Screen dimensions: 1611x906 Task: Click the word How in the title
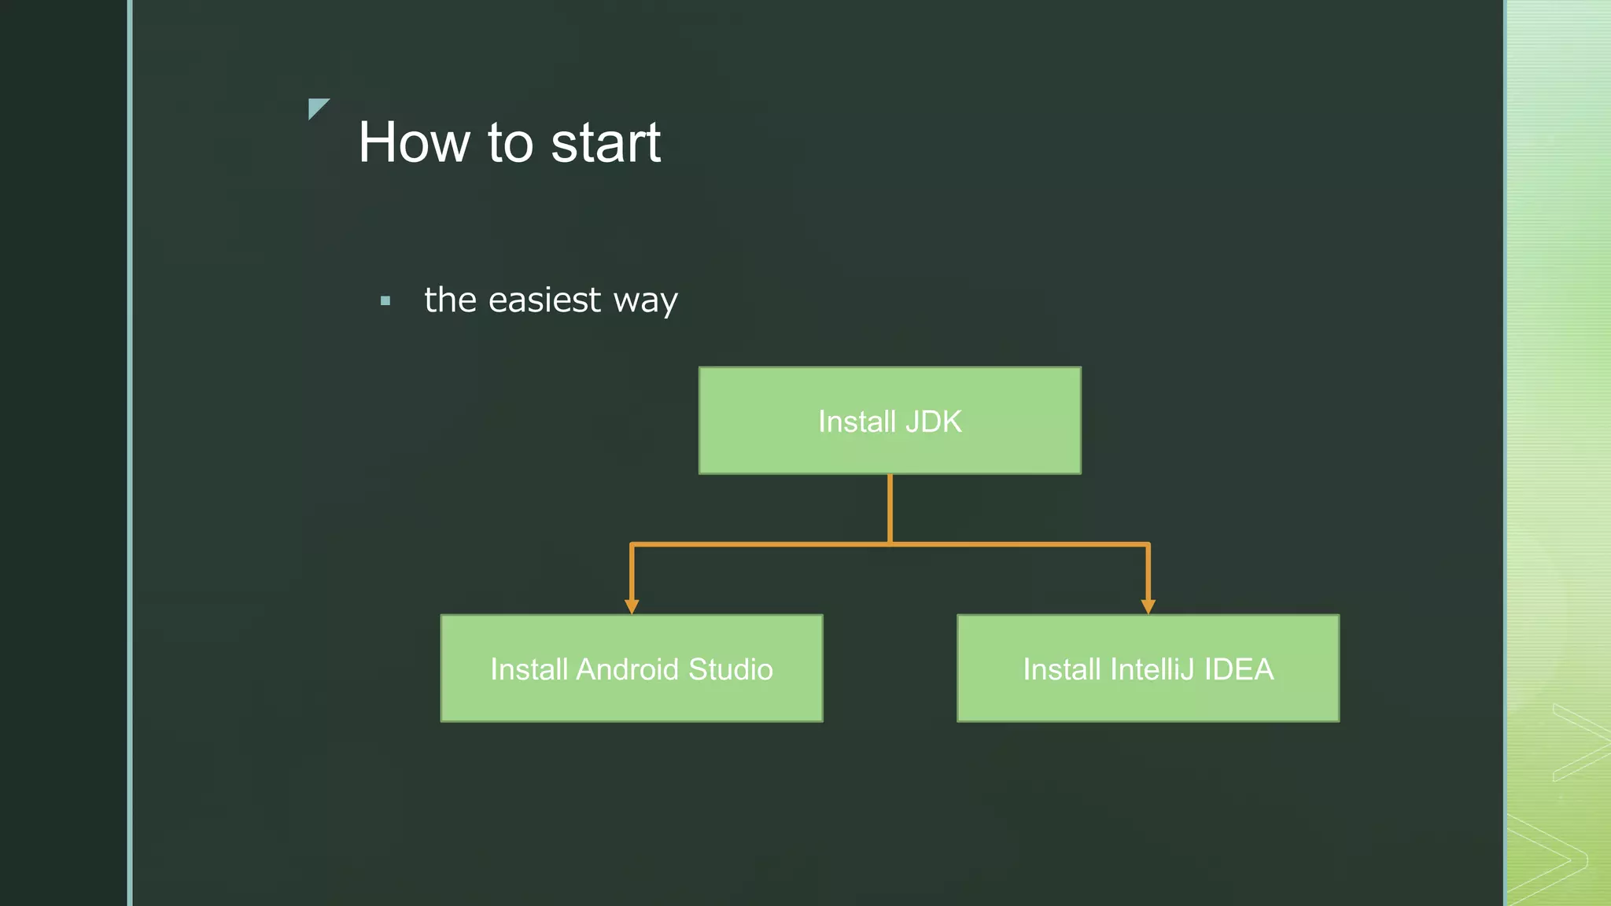point(414,143)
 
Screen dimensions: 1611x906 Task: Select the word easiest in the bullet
point(544,300)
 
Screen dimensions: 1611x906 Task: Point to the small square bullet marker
point(385,300)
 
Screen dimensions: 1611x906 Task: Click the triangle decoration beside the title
point(316,107)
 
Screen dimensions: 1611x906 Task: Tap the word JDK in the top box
point(933,422)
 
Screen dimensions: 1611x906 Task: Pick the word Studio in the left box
point(731,670)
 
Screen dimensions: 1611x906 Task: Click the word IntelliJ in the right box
point(1152,670)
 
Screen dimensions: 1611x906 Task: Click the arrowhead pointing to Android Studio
point(632,606)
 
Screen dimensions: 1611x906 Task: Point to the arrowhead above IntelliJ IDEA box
point(1148,606)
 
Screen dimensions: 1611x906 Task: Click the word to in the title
point(511,143)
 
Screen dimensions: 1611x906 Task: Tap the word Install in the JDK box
point(857,422)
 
